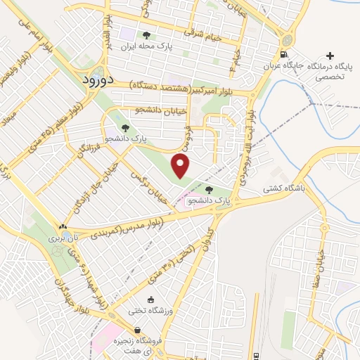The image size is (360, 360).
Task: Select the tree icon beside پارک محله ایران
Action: pos(146,34)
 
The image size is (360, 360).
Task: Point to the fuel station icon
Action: pos(283,55)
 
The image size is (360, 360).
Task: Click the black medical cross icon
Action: pos(330,55)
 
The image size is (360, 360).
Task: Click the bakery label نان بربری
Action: pos(62,239)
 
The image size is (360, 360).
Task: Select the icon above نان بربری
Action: pos(63,226)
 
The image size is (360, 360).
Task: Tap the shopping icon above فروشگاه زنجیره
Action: pos(136,329)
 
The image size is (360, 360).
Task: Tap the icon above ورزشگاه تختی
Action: pos(151,298)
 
